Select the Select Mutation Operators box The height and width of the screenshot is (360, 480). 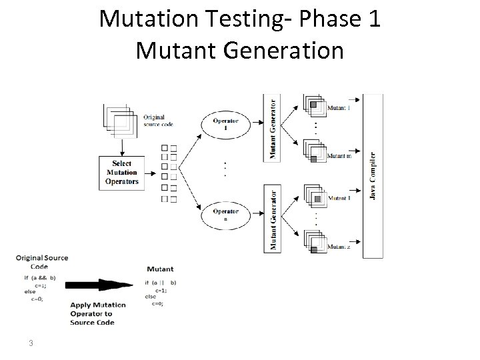point(122,172)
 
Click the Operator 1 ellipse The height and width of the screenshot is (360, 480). point(225,125)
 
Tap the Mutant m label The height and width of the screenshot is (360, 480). point(339,156)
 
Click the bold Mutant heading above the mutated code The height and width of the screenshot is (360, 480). point(160,269)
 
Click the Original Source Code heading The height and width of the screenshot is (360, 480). point(41,261)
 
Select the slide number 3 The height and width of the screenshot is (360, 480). point(31,343)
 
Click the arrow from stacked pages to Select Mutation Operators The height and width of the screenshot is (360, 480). point(121,147)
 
